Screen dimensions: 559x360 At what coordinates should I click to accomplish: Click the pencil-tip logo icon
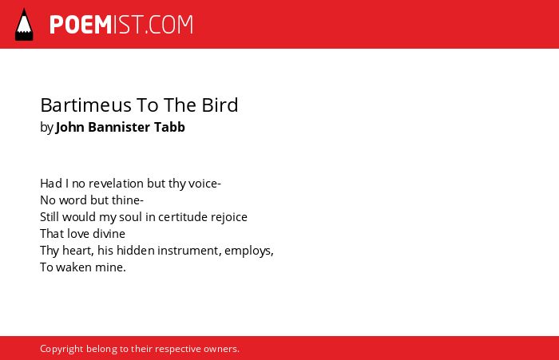pyautogui.click(x=24, y=25)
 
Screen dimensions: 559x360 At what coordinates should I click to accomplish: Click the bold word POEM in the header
pyautogui.click(x=81, y=25)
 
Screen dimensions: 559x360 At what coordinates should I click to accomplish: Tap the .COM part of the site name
pyautogui.click(x=169, y=25)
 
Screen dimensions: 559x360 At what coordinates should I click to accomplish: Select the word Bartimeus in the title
pyautogui.click(x=86, y=105)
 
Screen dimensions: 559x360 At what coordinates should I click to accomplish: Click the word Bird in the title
pyautogui.click(x=220, y=105)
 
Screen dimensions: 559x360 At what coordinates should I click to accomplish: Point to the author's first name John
pyautogui.click(x=70, y=127)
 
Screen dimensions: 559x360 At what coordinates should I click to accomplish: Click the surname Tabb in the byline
pyautogui.click(x=169, y=127)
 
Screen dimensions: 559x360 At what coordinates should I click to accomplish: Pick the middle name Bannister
pyautogui.click(x=119, y=127)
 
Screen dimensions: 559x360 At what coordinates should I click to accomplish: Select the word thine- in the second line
pyautogui.click(x=128, y=200)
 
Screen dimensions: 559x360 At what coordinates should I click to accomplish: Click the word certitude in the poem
pyautogui.click(x=183, y=217)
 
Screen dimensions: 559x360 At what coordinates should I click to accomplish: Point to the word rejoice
pyautogui.click(x=229, y=217)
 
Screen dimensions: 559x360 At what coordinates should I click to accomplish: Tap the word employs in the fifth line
pyautogui.click(x=248, y=251)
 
